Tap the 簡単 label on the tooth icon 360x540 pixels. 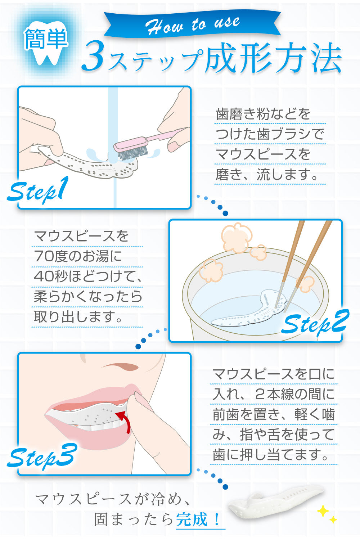pos(46,39)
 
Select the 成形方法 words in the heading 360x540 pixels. pos(273,57)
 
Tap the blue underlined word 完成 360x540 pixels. pos(192,519)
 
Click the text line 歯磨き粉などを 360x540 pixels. pos(263,114)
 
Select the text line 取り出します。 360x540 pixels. pos(78,317)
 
